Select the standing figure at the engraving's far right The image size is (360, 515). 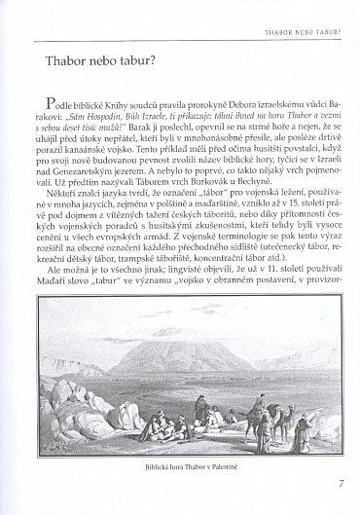[316, 419]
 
